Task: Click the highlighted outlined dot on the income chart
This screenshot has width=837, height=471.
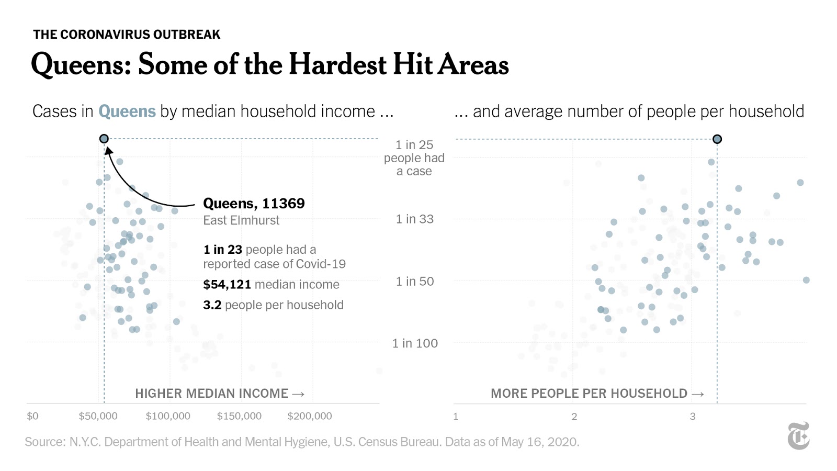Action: pyautogui.click(x=104, y=139)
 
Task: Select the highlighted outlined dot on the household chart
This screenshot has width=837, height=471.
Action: pyautogui.click(x=717, y=139)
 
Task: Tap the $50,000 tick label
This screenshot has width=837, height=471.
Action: pyautogui.click(x=98, y=416)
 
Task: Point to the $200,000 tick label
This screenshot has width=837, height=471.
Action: pyautogui.click(x=310, y=416)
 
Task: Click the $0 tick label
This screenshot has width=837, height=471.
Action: pyautogui.click(x=32, y=416)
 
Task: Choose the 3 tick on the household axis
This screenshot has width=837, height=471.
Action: pyautogui.click(x=693, y=417)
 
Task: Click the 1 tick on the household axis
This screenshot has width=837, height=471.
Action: pyautogui.click(x=456, y=417)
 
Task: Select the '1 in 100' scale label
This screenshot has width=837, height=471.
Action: pyautogui.click(x=415, y=343)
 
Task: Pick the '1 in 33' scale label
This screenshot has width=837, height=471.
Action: pyautogui.click(x=415, y=219)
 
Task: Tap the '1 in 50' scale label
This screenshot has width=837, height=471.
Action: pyautogui.click(x=415, y=282)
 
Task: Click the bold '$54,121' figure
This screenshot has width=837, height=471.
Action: pyautogui.click(x=227, y=285)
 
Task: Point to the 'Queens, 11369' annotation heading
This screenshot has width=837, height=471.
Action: pyautogui.click(x=254, y=204)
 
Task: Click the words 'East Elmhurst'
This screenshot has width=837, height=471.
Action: pyautogui.click(x=241, y=220)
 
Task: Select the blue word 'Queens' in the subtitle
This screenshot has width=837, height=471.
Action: pyautogui.click(x=127, y=111)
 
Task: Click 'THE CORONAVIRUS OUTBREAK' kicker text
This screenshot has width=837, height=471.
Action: pyautogui.click(x=127, y=35)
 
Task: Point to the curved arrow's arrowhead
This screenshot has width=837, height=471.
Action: pyautogui.click(x=108, y=151)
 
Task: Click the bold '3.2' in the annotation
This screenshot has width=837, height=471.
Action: pyautogui.click(x=212, y=305)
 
